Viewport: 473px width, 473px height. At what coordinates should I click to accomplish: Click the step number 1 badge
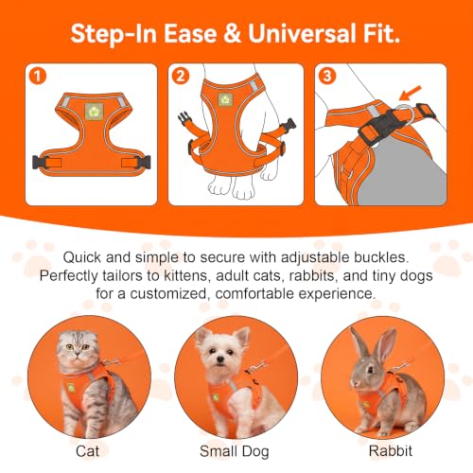pyautogui.click(x=38, y=76)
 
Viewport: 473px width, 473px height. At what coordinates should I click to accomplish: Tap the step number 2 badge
pyautogui.click(x=181, y=76)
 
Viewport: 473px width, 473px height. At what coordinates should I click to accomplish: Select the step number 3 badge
pyautogui.click(x=327, y=76)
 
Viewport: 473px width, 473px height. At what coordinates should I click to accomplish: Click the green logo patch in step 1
pyautogui.click(x=94, y=112)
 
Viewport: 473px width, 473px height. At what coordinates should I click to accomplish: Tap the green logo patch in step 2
pyautogui.click(x=225, y=100)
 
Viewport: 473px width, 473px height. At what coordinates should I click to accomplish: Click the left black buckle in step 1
pyautogui.click(x=39, y=162)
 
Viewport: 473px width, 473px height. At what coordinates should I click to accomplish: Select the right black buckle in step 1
pyautogui.click(x=144, y=162)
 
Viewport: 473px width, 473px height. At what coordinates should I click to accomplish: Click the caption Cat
pyautogui.click(x=87, y=451)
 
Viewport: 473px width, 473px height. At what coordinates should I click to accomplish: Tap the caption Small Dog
pyautogui.click(x=235, y=452)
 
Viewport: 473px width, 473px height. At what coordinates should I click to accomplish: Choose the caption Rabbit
pyautogui.click(x=391, y=451)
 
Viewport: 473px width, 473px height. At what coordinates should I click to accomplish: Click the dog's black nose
pyautogui.click(x=220, y=359)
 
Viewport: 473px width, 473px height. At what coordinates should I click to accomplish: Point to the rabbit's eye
pyautogui.click(x=371, y=369)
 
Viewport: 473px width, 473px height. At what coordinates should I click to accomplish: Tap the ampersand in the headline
pyautogui.click(x=232, y=33)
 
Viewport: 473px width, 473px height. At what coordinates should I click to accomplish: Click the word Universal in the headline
pyautogui.click(x=302, y=33)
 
